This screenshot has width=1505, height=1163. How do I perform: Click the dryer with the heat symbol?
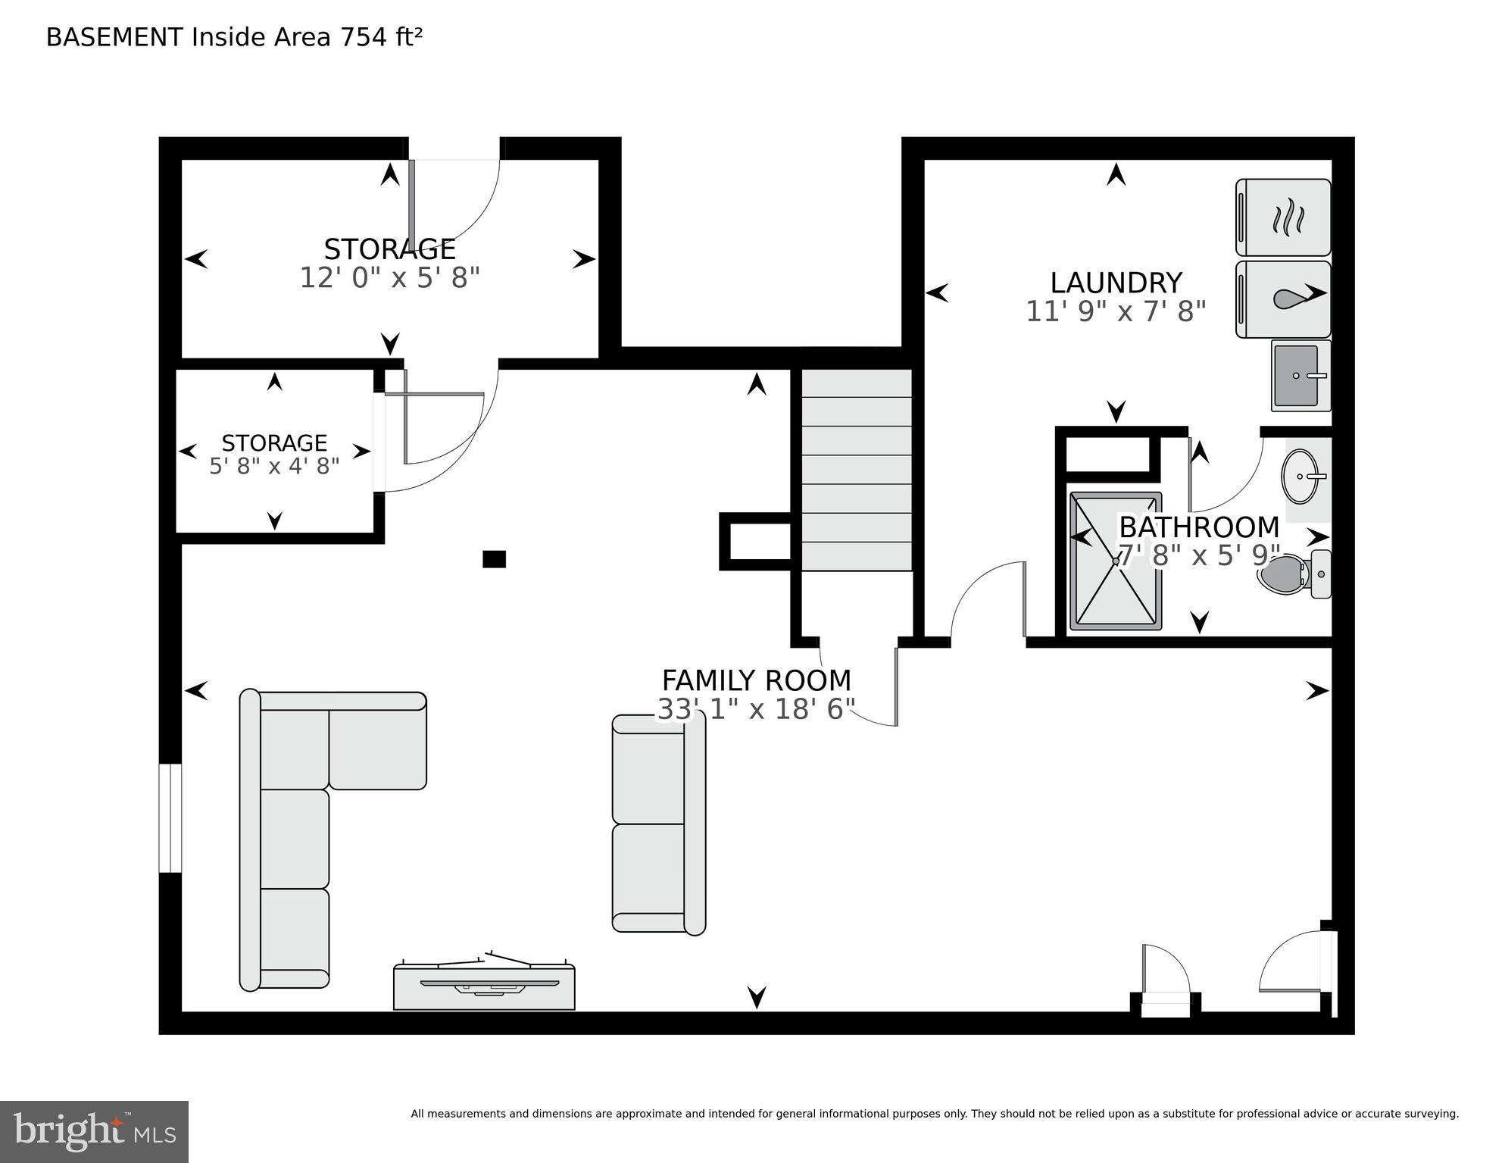[1283, 217]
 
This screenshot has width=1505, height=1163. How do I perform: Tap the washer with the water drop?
[1283, 299]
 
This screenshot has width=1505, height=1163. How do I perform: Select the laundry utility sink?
[1300, 375]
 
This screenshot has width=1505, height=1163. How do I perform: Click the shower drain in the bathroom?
[1116, 561]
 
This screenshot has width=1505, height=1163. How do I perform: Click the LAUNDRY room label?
[1116, 283]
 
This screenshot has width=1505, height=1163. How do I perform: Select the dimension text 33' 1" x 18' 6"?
[756, 709]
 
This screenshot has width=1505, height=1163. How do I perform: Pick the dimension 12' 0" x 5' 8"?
[390, 278]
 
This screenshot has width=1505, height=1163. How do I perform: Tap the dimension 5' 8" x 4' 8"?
[274, 466]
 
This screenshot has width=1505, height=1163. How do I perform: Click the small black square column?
[494, 559]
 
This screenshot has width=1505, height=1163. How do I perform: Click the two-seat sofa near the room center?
[658, 824]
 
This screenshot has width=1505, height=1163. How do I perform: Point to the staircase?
[857, 470]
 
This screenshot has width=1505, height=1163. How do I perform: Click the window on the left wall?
[170, 818]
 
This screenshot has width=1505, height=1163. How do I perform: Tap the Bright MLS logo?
[94, 1131]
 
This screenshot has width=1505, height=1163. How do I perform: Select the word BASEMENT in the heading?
[114, 37]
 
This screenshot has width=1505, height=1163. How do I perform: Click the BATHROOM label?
[1199, 527]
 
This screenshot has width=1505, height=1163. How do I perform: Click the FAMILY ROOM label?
[756, 680]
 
